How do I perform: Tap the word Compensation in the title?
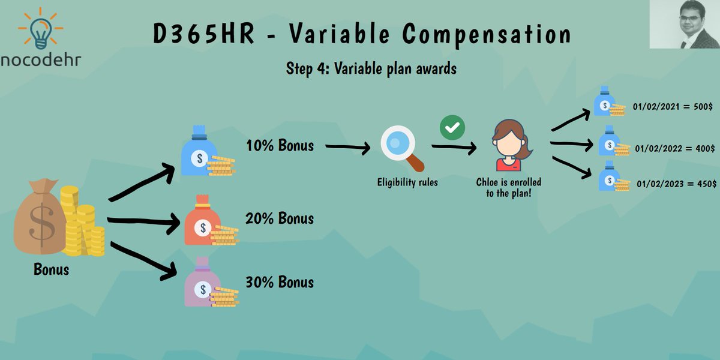[487, 35]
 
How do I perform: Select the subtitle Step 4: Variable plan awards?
[371, 68]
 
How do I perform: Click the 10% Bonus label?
[280, 145]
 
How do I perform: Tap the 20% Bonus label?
[280, 218]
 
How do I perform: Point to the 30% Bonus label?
[280, 281]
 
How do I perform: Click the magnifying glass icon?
[401, 148]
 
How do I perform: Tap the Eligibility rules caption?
[407, 182]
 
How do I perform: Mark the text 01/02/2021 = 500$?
[673, 106]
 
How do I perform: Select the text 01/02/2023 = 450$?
[676, 184]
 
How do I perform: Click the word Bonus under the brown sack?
[51, 269]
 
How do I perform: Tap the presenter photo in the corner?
[684, 25]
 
